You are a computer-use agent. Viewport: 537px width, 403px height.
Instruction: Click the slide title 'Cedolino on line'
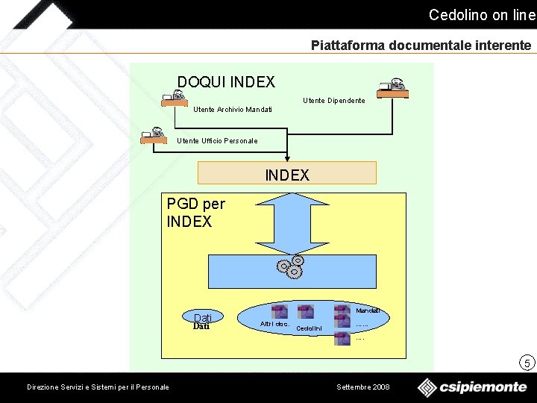point(482,15)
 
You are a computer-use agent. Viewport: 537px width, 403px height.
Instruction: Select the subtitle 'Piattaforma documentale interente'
point(421,46)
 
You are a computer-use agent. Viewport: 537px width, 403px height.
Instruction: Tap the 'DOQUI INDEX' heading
point(226,82)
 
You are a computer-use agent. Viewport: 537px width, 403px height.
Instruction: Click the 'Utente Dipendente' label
point(334,101)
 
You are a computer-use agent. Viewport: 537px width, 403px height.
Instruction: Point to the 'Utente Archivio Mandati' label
point(233,110)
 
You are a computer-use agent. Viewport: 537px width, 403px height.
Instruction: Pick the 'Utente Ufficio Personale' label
point(217,141)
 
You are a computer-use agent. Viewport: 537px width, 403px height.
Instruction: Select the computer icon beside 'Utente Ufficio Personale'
point(154,135)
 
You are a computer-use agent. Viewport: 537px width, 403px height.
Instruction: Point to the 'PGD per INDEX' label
point(195,213)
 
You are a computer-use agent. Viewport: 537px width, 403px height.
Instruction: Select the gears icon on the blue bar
point(290,266)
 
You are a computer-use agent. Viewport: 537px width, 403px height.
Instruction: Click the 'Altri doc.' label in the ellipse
point(274,324)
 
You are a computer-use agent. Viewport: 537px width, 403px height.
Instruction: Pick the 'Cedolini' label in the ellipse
point(309,328)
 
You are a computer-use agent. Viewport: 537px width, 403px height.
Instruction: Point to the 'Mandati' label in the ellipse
point(368,310)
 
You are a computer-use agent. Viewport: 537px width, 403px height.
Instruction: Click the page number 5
point(527,363)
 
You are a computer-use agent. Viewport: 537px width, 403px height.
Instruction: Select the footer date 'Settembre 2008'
point(363,387)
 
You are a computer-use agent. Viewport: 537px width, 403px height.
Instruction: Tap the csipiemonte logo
point(471,387)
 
